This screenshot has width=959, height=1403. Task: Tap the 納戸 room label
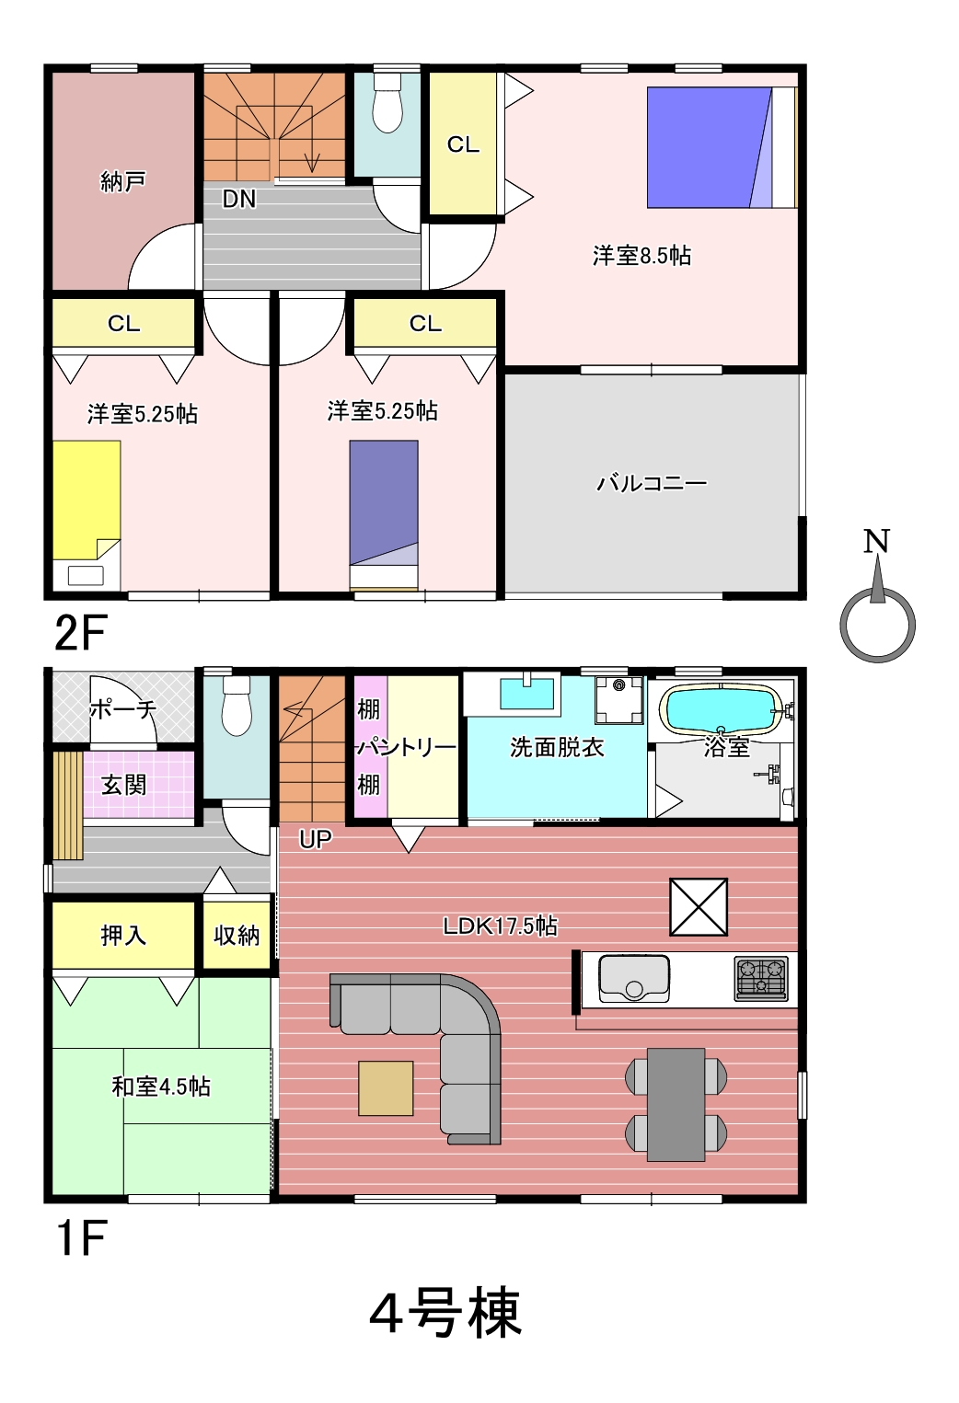click(x=123, y=181)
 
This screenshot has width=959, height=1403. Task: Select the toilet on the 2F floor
click(x=387, y=103)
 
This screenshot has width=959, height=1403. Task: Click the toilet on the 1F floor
click(x=237, y=706)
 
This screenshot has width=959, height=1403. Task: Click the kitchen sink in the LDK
click(x=634, y=978)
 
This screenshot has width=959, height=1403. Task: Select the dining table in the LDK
click(x=676, y=1105)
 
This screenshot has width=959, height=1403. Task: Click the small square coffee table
click(x=386, y=1088)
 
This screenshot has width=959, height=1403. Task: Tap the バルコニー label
click(x=652, y=483)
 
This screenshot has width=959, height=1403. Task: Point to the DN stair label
click(x=239, y=199)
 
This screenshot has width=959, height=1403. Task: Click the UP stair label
click(x=315, y=839)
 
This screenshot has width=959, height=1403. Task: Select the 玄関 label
click(x=124, y=785)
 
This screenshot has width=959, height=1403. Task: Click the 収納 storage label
click(x=237, y=935)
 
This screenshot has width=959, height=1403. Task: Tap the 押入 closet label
click(x=123, y=935)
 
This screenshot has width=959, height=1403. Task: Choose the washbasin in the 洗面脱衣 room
click(x=526, y=694)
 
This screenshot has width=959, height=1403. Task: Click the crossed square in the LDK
click(x=699, y=907)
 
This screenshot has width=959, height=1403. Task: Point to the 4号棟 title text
click(x=445, y=1312)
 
